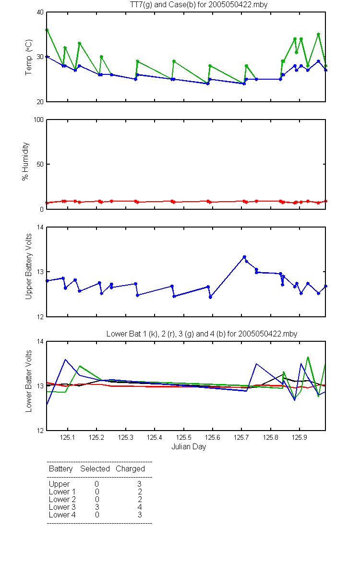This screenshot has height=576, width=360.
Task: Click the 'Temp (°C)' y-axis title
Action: pos(28,57)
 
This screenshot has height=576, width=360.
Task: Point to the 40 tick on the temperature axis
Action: pos(40,12)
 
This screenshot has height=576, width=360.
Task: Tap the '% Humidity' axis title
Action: pos(25,161)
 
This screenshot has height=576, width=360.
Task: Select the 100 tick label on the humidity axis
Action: pos(38,120)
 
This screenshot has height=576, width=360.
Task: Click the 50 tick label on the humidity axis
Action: pos(40,164)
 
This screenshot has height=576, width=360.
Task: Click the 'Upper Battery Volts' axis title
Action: pos(28,266)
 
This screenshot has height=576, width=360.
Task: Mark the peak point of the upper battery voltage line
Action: pos(244,257)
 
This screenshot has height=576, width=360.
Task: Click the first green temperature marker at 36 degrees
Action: pos(47,30)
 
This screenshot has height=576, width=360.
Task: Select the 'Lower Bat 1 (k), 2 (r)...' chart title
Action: pos(202,334)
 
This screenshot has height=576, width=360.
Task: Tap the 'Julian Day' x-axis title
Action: pos(189,447)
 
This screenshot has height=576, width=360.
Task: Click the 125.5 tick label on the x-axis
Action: pos(183,437)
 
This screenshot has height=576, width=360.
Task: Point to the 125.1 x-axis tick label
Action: pos(68,437)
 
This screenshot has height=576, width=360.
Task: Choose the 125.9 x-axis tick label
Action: pos(300,437)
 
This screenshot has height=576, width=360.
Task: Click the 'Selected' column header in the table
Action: pos(95,468)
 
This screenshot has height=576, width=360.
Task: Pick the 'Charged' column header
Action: pos(131,469)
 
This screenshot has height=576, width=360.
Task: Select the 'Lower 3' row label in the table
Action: pos(62,507)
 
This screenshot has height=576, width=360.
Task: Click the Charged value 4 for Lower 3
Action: pos(140,507)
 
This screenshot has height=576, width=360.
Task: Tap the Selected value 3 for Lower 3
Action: pos(97,507)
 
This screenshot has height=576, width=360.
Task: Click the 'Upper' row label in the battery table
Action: pos(59,484)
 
